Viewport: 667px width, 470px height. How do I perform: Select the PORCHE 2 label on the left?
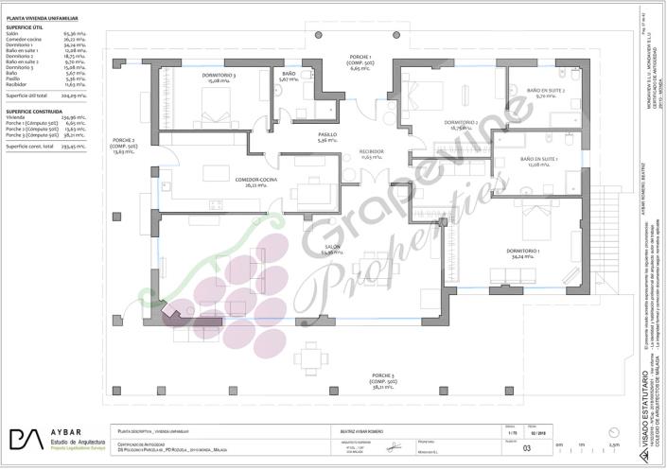(124, 148)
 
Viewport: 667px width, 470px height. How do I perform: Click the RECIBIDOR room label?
(372, 152)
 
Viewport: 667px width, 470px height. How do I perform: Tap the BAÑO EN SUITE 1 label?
(538, 162)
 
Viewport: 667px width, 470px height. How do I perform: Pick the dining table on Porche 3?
(310, 359)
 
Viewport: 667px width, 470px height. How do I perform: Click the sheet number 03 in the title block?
(514, 448)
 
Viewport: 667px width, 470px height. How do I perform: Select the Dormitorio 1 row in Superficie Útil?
(38, 44)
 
